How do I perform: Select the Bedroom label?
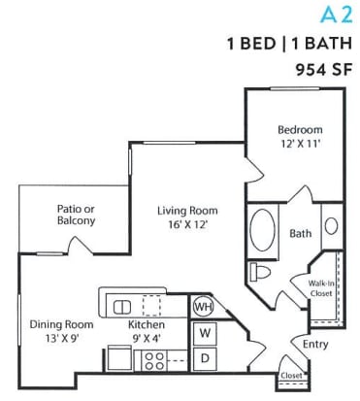(x=300, y=129)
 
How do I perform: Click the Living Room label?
(x=188, y=210)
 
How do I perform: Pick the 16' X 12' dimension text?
(x=188, y=224)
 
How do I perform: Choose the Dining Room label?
(x=59, y=323)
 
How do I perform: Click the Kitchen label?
(x=146, y=323)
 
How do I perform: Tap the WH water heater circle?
(x=203, y=306)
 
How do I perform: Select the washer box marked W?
(x=205, y=333)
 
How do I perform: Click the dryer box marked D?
(x=205, y=357)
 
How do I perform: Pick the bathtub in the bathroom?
(x=262, y=231)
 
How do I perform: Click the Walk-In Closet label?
(x=321, y=286)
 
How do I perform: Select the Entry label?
(x=315, y=344)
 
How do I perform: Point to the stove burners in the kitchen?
(x=154, y=361)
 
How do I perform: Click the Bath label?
(x=300, y=233)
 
